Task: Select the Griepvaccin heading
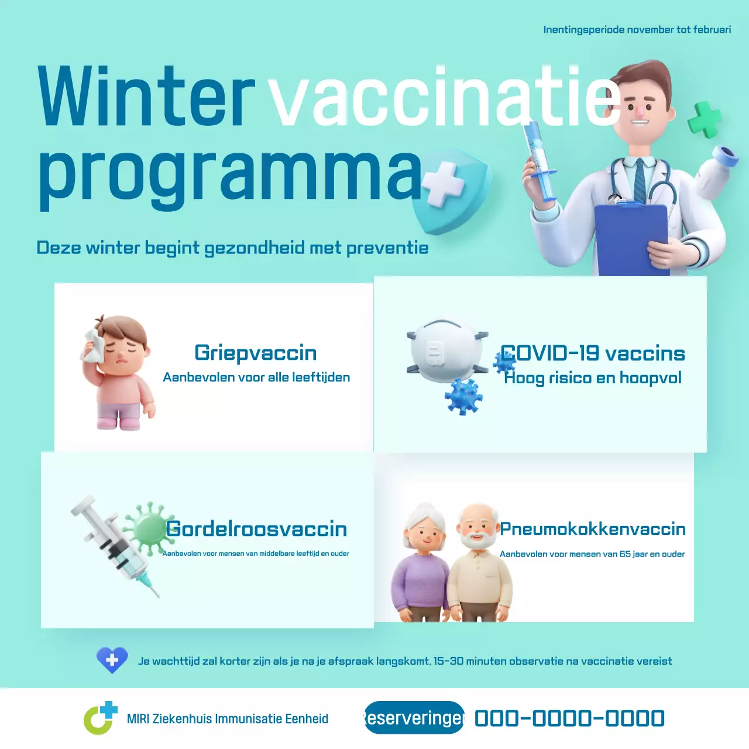256,353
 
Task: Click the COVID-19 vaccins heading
593,353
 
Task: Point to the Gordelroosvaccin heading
256,529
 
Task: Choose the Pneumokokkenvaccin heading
592,529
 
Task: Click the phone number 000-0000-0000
569,719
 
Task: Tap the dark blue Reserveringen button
414,717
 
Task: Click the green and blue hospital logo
100,718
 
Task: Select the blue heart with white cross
112,660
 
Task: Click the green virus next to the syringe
149,527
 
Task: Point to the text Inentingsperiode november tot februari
637,30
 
